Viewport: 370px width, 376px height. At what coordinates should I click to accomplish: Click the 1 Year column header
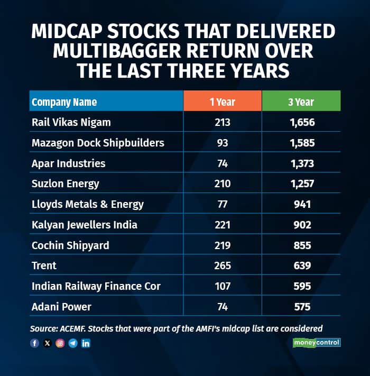223,102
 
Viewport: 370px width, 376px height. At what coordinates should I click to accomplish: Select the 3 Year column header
301,102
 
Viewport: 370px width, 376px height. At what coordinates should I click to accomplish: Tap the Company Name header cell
64,102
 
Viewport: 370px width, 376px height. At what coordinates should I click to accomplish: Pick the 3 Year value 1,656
301,123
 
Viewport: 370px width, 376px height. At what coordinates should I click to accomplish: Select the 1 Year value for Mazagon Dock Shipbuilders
223,143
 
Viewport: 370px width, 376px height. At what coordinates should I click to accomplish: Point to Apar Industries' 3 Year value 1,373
301,163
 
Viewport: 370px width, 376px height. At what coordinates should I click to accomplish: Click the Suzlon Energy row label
66,184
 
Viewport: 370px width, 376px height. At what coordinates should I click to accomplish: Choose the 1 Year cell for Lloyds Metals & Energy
223,205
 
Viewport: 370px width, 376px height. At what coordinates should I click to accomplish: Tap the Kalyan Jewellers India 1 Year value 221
223,225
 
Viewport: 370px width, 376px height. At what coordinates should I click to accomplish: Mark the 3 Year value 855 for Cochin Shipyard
301,245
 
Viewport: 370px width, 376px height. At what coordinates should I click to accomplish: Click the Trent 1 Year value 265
223,266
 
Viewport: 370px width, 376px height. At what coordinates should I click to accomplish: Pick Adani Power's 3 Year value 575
301,307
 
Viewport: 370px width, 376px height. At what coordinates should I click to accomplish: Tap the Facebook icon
35,343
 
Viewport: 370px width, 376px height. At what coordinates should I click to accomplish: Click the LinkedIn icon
86,343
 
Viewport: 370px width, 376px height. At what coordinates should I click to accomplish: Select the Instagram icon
60,343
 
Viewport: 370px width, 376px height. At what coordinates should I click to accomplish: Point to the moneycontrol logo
317,343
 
